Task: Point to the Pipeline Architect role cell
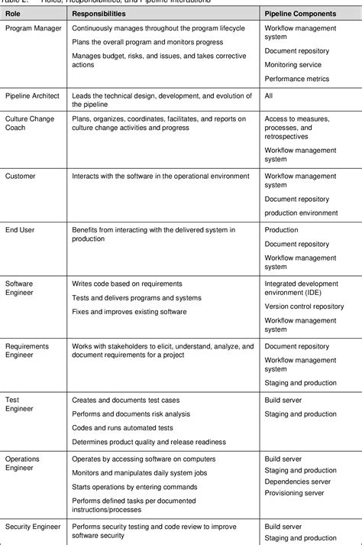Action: point(32,96)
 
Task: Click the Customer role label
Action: point(21,176)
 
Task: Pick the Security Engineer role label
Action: point(34,527)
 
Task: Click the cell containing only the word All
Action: point(269,96)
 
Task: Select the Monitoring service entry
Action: point(293,65)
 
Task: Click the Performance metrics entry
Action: point(297,78)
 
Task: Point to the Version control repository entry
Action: point(304,306)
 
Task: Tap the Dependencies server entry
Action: point(297,482)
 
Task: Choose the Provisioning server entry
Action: point(296,493)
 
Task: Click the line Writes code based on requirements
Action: point(127,284)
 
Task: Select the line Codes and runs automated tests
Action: point(117,427)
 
